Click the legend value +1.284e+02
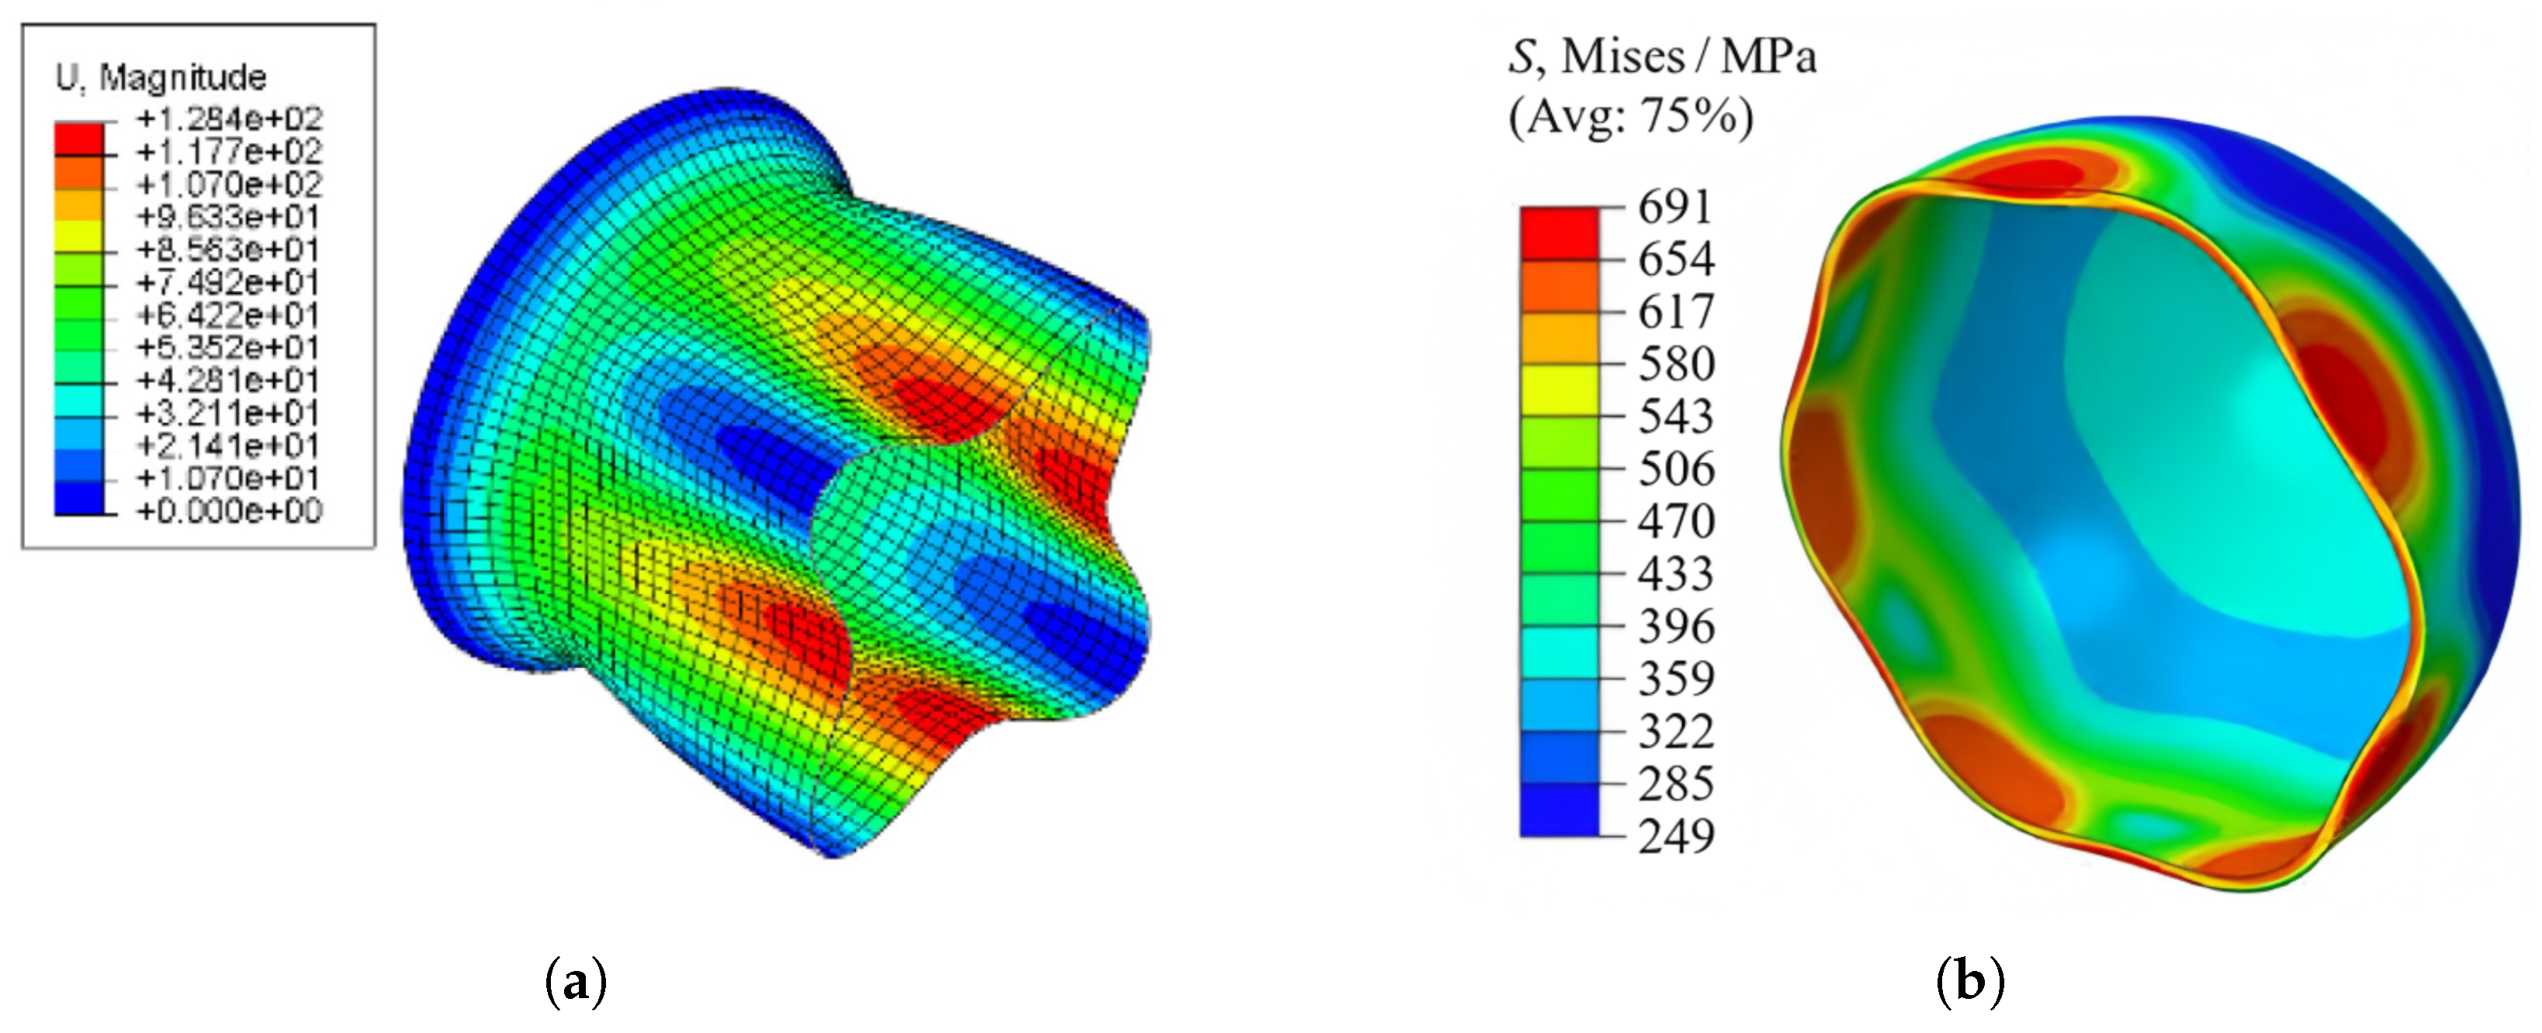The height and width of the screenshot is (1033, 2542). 229,119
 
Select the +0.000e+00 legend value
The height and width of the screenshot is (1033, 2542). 229,511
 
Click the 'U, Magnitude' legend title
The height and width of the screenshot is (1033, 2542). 161,77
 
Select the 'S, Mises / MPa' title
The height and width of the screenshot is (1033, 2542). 1662,57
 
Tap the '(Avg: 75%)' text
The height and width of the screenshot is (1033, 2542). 1631,116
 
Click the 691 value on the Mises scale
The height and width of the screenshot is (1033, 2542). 1674,207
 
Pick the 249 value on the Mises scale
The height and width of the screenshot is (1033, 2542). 1675,836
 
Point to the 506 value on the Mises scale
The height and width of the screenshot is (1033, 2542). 1675,468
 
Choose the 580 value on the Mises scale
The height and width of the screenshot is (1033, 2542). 1675,364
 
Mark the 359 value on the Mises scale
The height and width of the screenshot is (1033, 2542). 1675,679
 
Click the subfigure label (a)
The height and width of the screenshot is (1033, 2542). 575,983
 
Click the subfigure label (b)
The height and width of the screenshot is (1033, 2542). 1969,983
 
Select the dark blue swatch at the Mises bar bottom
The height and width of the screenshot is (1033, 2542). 1559,810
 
